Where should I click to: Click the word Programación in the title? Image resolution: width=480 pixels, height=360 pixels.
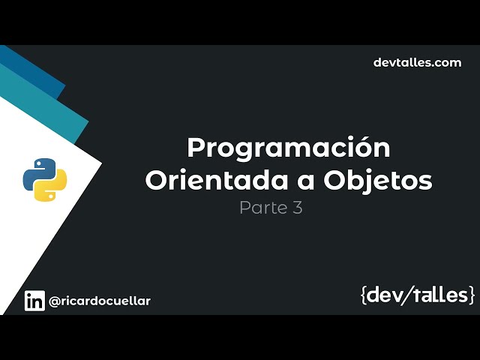289,148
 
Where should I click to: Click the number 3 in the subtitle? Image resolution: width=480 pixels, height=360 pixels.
298,208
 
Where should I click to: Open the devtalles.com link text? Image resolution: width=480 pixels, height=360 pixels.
417,62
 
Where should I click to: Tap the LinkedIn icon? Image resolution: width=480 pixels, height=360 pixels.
34,301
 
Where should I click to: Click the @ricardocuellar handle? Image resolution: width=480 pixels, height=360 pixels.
100,301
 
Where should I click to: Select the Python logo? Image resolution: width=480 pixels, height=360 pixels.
45,178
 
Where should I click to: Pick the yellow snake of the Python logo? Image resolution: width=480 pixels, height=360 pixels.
52,187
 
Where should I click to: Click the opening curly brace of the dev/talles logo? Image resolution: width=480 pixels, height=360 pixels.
364,295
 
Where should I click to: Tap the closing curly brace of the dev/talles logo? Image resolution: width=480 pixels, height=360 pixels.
471,295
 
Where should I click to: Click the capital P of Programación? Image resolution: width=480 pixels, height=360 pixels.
195,148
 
